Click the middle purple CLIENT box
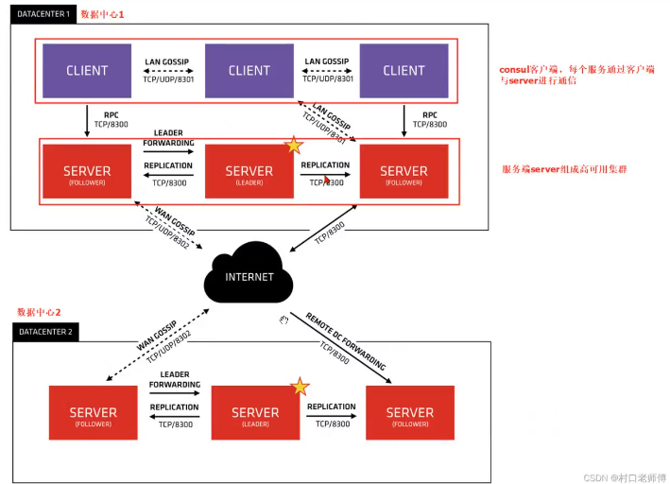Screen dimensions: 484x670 pyautogui.click(x=249, y=70)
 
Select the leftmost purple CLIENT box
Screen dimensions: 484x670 pyautogui.click(x=87, y=70)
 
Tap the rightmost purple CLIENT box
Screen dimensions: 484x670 pyautogui.click(x=404, y=70)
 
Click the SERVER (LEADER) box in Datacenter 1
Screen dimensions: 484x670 pyautogui.click(x=249, y=172)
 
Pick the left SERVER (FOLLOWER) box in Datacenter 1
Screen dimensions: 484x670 pyautogui.click(x=87, y=172)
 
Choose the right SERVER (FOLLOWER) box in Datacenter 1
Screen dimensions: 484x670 pyautogui.click(x=404, y=172)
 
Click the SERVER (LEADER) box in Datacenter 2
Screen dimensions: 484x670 pyautogui.click(x=255, y=413)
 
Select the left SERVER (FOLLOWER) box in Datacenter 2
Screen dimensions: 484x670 pyautogui.click(x=94, y=413)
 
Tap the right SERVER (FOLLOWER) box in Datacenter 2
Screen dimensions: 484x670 pyautogui.click(x=410, y=413)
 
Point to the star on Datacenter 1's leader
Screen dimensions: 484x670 pyautogui.click(x=294, y=145)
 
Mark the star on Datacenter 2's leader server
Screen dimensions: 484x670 pyautogui.click(x=300, y=387)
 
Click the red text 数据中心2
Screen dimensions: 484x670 pyautogui.click(x=39, y=312)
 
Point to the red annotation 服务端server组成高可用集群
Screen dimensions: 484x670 pyautogui.click(x=565, y=169)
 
